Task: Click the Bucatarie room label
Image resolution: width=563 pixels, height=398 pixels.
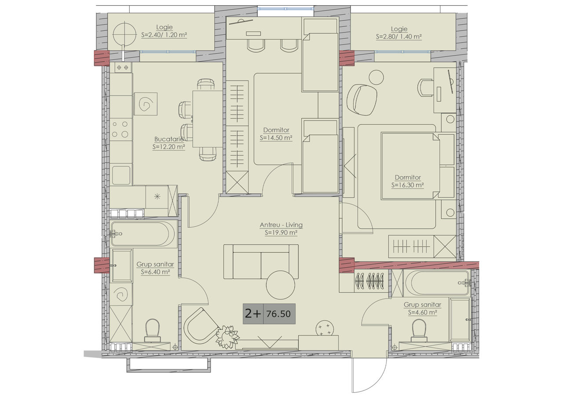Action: [x=169, y=139]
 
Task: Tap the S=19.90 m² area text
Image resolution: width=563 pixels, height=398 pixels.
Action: [x=281, y=232]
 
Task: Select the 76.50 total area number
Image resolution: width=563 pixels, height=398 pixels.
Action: [x=278, y=314]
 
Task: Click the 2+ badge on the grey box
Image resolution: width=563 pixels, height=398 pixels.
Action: [x=253, y=313]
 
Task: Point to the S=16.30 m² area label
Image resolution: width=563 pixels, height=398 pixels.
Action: [x=408, y=185]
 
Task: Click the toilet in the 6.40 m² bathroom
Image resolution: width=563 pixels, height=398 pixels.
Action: [x=153, y=331]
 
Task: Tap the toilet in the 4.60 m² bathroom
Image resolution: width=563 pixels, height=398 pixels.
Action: [x=419, y=330]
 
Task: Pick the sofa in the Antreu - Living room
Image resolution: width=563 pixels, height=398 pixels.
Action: [x=261, y=262]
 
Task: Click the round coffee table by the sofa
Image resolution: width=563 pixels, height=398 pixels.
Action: [x=280, y=285]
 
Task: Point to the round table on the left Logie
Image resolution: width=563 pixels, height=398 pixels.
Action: [x=124, y=34]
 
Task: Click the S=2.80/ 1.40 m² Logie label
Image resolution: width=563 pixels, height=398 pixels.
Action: [x=399, y=37]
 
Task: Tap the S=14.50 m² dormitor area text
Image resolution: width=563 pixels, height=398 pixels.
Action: [x=276, y=138]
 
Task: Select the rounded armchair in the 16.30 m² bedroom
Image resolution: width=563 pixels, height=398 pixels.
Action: [x=362, y=99]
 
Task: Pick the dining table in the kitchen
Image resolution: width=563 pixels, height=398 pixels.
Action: [x=208, y=119]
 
